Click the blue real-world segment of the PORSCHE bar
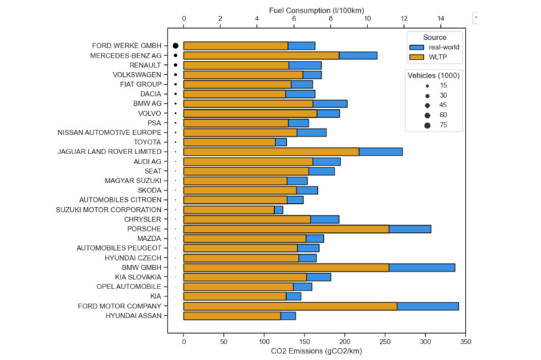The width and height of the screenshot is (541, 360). tap(410, 229)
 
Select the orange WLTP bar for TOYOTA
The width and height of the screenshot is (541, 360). tap(229, 142)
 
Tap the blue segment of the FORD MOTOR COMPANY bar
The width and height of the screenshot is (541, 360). tap(428, 306)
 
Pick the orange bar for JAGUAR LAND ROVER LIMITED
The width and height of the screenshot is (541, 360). tap(271, 152)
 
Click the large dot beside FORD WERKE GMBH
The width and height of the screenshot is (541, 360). tap(175, 46)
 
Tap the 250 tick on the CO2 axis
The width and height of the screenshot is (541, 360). tap(385, 342)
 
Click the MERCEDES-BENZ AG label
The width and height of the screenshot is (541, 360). tap(126, 56)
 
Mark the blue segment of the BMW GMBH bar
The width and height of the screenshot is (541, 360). tap(422, 267)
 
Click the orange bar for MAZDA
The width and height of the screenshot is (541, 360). tap(244, 238)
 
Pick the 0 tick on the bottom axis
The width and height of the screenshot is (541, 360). tap(183, 342)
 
